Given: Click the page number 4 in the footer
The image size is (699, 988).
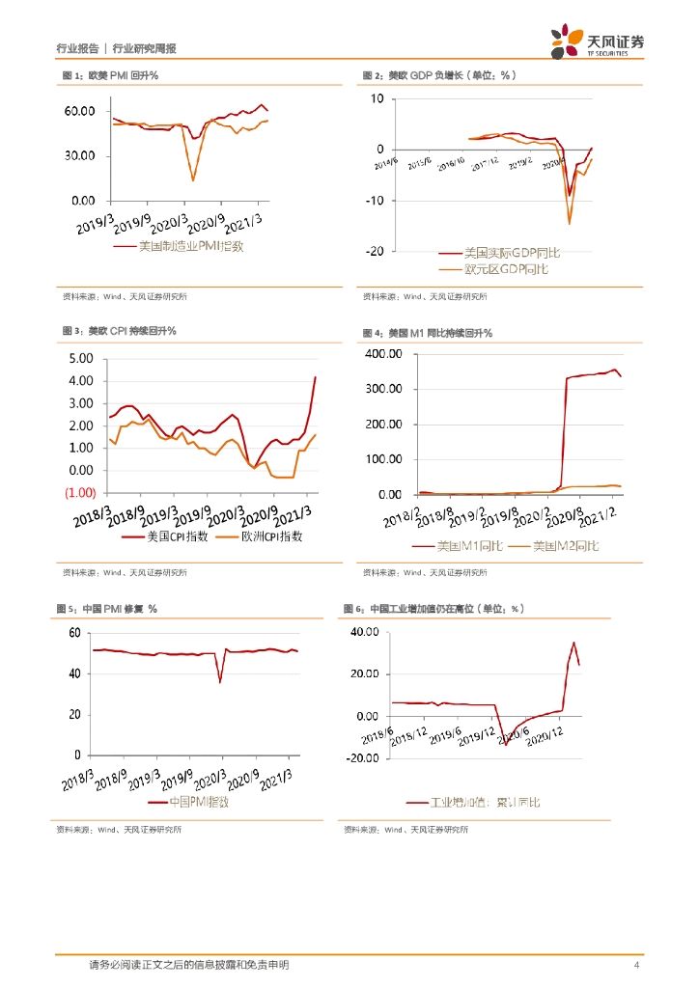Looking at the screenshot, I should coord(636,966).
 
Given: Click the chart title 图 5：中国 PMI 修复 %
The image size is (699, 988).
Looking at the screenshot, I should coord(108,609).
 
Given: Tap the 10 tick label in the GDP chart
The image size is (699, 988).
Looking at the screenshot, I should coord(376,98).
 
